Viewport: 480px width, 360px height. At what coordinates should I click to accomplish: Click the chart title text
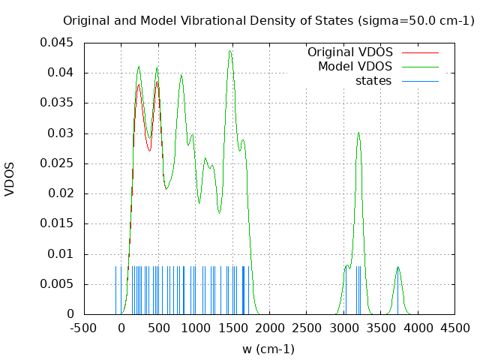268,21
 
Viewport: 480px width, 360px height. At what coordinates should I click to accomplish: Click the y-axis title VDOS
10,178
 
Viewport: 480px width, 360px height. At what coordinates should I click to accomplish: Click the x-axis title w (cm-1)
268,349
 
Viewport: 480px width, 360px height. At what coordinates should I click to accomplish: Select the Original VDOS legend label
349,52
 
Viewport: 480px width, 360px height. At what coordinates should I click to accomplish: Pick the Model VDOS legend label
355,67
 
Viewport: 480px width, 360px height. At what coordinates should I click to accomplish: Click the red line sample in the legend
420,52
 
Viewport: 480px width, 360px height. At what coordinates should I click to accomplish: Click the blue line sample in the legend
420,81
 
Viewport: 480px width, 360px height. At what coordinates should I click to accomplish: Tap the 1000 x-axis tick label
195,328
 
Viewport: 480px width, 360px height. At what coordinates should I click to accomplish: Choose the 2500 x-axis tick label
306,328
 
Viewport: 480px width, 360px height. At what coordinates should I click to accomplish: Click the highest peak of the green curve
230,50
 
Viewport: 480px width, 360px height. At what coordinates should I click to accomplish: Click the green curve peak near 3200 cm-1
358,133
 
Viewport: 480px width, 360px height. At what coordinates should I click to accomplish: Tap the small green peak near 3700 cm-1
397,267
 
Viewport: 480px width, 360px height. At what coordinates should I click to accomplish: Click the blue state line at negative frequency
116,289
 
